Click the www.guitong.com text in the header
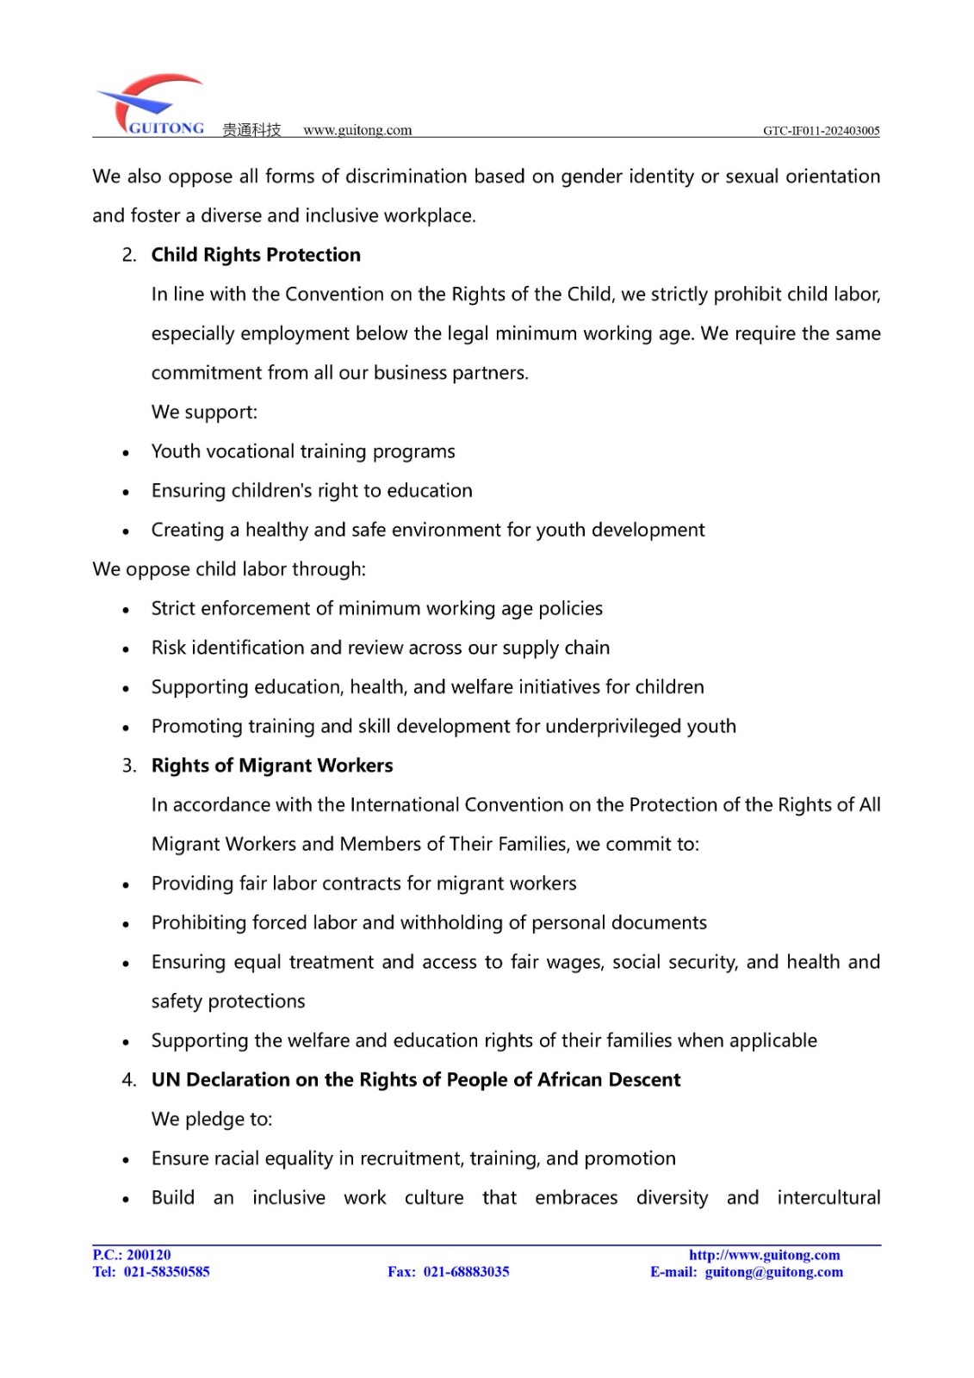click(357, 130)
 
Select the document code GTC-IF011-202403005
click(821, 131)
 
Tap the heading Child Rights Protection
click(256, 255)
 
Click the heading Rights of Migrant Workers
click(272, 766)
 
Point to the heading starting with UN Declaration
click(416, 1080)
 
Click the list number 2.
click(129, 255)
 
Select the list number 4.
click(129, 1080)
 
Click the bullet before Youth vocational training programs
click(126, 453)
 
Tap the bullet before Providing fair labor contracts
click(126, 885)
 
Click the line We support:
click(204, 413)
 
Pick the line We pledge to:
click(212, 1120)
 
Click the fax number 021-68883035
click(466, 1272)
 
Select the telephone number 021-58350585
click(167, 1272)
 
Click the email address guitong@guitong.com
click(773, 1272)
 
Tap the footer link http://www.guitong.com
click(764, 1255)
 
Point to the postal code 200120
click(149, 1255)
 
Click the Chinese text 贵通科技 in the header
click(251, 130)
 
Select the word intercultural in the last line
click(828, 1198)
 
